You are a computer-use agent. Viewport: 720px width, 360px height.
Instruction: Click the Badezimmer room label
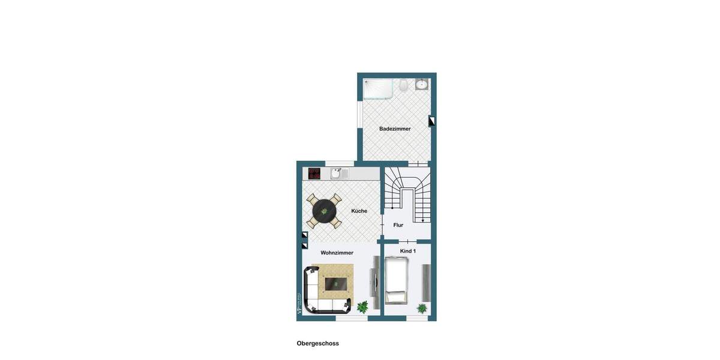tap(395, 129)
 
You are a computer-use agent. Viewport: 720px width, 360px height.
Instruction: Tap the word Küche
tap(359, 211)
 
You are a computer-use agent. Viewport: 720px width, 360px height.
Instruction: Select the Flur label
tap(398, 225)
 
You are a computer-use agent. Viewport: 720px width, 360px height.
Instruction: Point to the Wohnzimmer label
tap(337, 253)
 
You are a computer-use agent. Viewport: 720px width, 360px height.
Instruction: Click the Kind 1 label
tap(408, 251)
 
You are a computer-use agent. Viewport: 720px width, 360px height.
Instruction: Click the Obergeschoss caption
tap(317, 344)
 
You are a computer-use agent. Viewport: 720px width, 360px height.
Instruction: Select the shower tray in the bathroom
tap(378, 89)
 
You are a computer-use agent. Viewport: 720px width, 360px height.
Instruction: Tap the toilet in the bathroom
tap(404, 85)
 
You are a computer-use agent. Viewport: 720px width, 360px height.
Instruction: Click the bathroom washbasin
tap(422, 84)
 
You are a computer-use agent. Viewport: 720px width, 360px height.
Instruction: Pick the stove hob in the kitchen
tap(314, 173)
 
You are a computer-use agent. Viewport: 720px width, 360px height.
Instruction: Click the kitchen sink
tap(339, 173)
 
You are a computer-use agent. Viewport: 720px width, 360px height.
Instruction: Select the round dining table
tap(325, 211)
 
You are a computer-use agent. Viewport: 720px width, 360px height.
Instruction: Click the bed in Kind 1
tap(397, 280)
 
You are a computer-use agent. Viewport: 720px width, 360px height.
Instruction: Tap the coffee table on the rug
tap(336, 283)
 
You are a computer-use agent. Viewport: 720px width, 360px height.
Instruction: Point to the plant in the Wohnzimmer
tap(362, 307)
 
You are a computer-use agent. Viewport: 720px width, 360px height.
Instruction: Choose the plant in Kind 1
tap(422, 308)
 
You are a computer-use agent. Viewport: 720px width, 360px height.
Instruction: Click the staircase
tap(408, 193)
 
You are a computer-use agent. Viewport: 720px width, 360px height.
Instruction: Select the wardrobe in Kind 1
tap(426, 282)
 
